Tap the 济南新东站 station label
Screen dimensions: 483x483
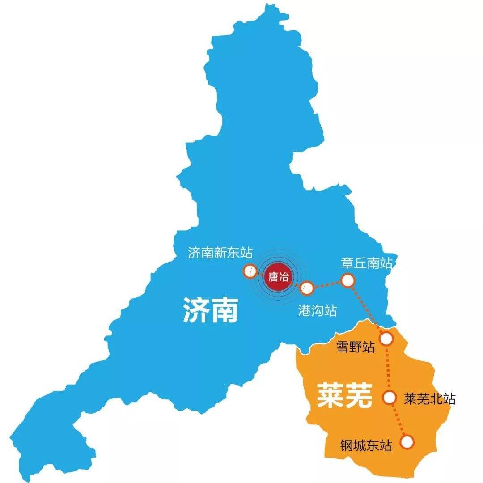(220, 254)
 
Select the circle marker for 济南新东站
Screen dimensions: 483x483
(250, 271)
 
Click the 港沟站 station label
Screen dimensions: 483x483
(317, 311)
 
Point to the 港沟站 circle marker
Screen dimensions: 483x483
(307, 288)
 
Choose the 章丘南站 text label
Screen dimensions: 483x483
(366, 263)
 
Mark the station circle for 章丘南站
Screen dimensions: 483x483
(347, 280)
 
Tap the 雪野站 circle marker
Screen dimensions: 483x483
(386, 339)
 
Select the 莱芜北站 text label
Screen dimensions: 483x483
(429, 399)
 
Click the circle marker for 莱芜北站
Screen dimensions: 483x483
(390, 397)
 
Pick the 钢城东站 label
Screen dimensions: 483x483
(366, 445)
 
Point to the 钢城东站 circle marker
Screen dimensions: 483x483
(407, 442)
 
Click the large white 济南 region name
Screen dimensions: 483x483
(210, 310)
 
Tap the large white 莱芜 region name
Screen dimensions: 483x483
(344, 395)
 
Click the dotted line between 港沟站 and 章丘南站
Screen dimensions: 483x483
(327, 284)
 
